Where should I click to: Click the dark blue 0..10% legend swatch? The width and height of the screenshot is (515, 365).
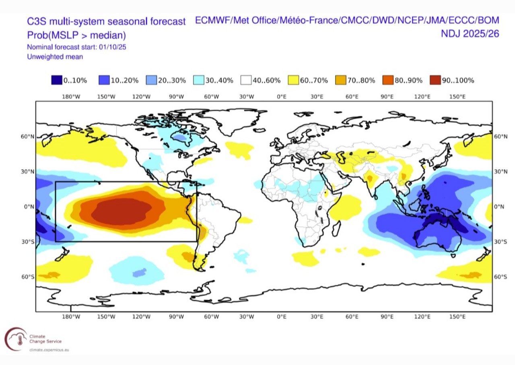[57, 80]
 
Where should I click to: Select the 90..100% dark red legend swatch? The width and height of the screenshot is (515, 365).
[435, 80]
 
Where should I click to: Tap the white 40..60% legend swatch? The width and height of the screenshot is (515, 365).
[246, 80]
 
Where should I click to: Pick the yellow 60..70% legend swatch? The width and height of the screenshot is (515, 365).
[293, 80]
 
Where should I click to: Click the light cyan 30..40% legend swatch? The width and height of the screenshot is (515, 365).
[199, 80]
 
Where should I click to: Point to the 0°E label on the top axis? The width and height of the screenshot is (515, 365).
[282, 97]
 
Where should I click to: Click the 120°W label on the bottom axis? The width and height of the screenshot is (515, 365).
[141, 317]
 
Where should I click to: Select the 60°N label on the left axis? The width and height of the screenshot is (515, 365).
[28, 137]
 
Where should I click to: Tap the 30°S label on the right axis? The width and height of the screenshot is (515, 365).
[501, 242]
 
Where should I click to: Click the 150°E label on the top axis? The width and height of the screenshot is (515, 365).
[457, 97]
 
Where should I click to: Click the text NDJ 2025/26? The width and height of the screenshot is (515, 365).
[470, 34]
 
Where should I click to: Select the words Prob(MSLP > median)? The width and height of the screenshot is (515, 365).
[76, 35]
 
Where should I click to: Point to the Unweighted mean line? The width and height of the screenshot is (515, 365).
[55, 57]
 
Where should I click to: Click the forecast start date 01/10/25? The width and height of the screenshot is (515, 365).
[112, 47]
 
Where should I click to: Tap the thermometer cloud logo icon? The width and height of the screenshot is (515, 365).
[16, 339]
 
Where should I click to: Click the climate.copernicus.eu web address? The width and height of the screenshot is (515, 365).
[49, 350]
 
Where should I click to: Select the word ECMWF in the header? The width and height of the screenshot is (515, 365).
[213, 21]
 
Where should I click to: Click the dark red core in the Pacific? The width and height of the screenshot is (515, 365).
[122, 211]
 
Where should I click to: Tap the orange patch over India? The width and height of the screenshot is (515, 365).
[370, 178]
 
